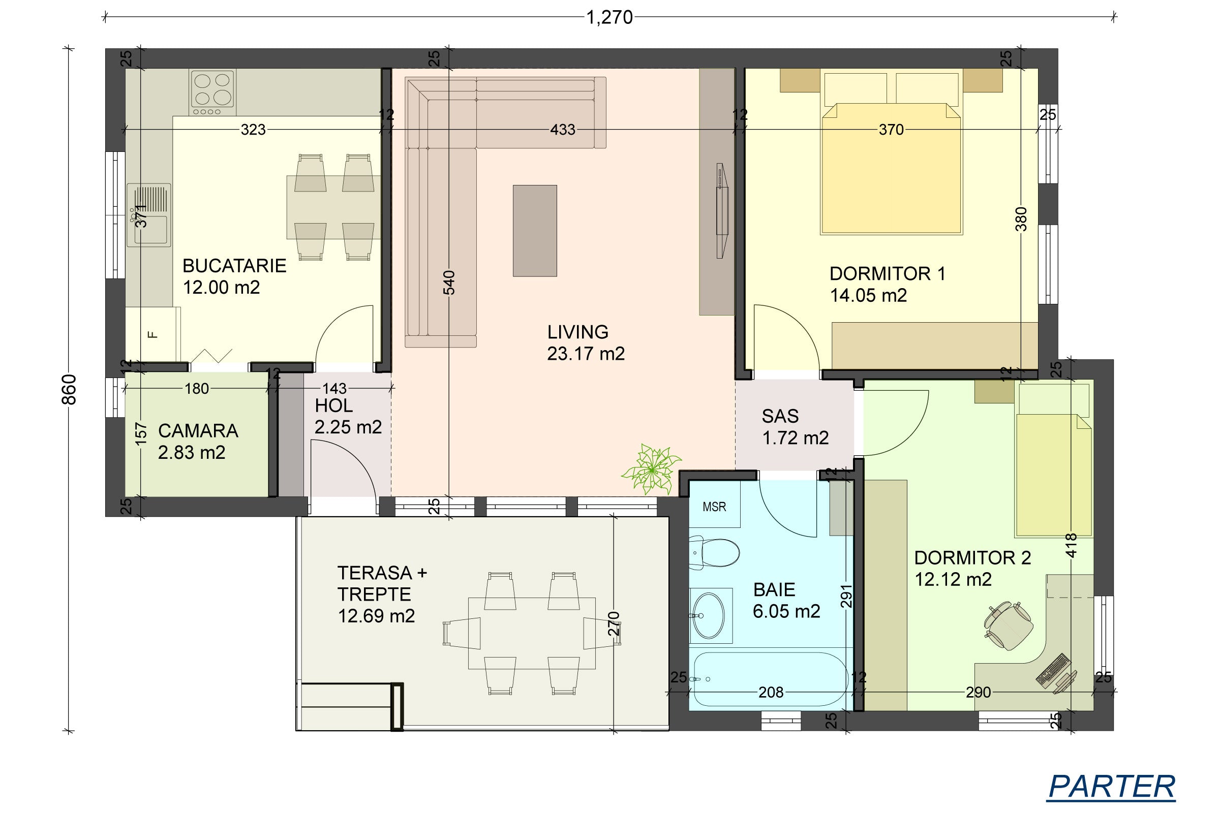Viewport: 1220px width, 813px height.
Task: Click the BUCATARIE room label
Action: point(234,266)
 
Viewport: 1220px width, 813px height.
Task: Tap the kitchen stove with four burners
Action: point(212,92)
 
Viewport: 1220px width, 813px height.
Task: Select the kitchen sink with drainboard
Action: point(149,214)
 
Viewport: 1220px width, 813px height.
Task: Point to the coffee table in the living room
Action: point(535,231)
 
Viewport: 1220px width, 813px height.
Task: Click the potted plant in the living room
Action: point(651,468)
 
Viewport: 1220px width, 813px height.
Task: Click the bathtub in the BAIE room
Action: point(771,679)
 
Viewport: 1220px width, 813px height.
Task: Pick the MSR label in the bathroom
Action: point(714,507)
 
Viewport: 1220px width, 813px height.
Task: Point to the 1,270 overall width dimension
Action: point(609,18)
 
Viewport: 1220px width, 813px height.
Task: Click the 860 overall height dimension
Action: point(69,389)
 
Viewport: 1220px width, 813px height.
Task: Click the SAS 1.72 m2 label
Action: point(795,427)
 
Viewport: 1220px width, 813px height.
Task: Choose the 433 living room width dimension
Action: point(562,129)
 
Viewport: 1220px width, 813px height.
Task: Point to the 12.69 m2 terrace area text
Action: point(376,616)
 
